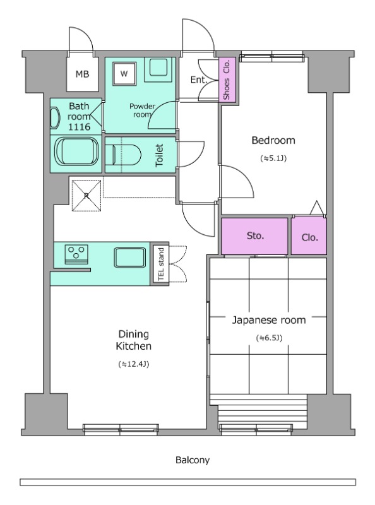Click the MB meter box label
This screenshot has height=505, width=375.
point(82,74)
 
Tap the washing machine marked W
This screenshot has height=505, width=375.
point(124,74)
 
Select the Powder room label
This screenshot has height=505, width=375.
point(142,110)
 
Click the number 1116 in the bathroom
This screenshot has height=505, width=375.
point(80,127)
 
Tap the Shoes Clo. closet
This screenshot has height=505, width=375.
point(227,80)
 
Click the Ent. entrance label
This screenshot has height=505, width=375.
point(198,80)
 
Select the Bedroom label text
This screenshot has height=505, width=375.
point(273,140)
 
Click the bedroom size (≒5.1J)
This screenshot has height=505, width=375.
point(273,158)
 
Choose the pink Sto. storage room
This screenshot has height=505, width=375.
point(254,236)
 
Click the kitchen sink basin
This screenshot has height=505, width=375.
point(130,258)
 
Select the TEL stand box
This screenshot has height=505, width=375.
point(161,264)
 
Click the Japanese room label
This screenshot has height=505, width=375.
point(269,320)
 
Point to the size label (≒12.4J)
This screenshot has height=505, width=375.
point(133,364)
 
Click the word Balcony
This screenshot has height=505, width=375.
point(193,460)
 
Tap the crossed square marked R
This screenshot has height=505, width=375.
point(86,196)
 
